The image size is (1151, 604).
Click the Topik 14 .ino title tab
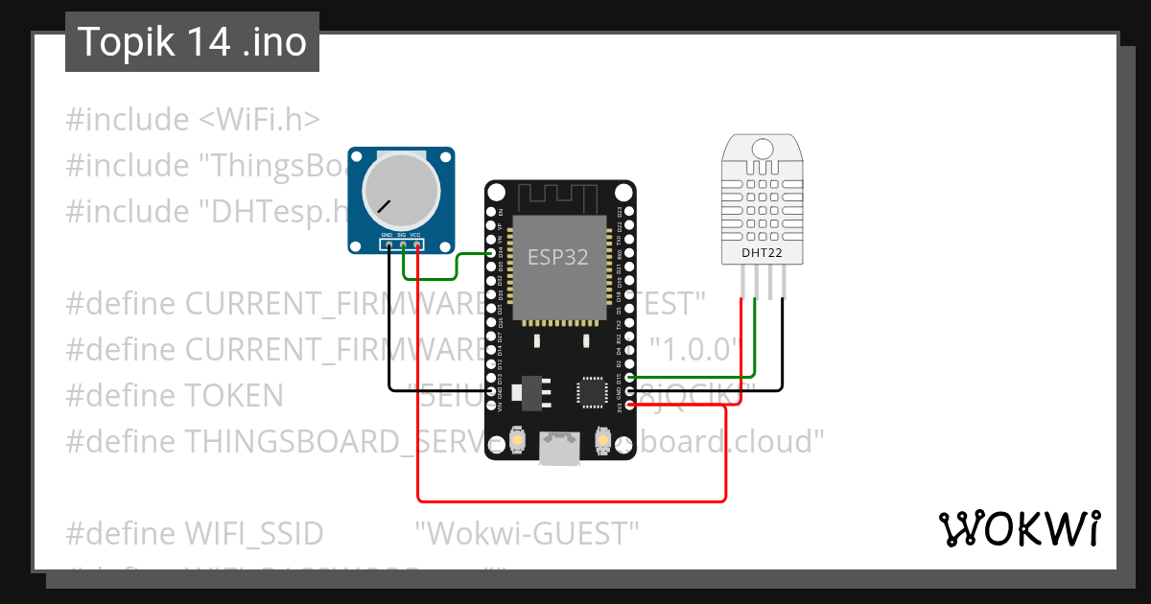(192, 42)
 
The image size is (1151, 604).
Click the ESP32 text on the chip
(557, 257)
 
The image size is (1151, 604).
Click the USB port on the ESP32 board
(559, 447)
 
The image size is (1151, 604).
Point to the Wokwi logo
(1019, 528)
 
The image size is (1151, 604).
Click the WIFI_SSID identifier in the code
(253, 532)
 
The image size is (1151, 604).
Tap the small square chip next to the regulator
(591, 393)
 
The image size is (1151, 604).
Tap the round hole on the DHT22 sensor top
(763, 149)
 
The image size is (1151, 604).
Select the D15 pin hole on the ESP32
(629, 378)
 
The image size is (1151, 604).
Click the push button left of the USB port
(517, 439)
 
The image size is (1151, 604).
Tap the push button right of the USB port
(603, 439)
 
